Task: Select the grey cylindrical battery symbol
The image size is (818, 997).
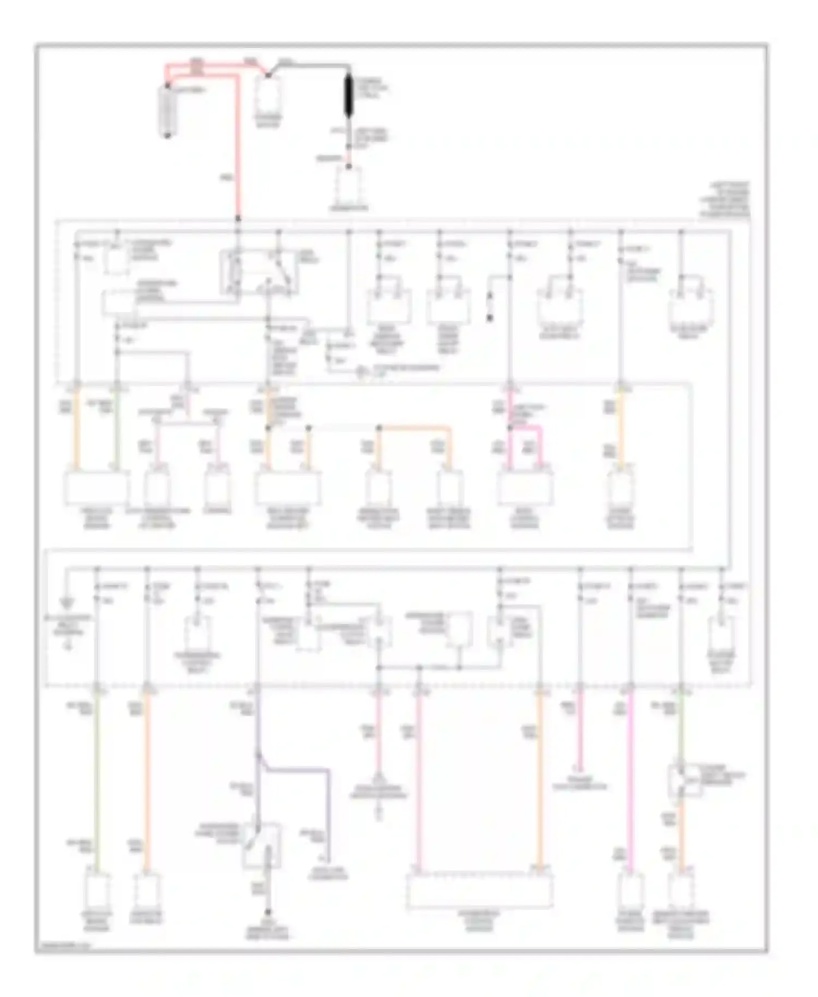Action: tap(167, 111)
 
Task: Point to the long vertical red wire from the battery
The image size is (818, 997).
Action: tap(238, 147)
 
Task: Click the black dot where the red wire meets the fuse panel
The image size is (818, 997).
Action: tap(238, 219)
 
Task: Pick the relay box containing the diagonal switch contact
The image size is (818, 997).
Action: tap(259, 272)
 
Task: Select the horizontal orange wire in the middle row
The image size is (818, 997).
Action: tap(414, 428)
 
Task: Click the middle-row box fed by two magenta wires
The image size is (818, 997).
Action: tap(525, 487)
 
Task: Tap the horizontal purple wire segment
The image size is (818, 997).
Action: tap(297, 770)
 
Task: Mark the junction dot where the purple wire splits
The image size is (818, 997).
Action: tap(258, 756)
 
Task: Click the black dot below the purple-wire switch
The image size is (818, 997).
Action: tap(268, 912)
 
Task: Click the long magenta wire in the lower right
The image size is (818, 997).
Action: tap(630, 780)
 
